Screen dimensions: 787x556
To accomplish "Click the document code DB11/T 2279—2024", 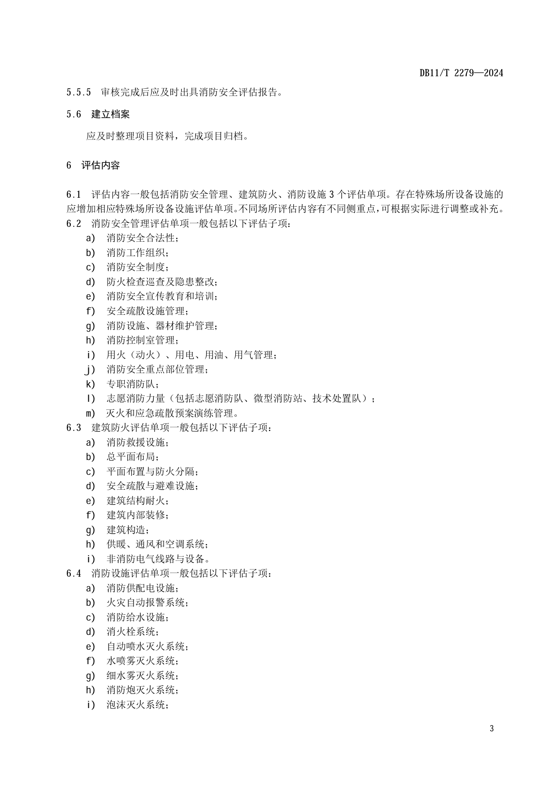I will pyautogui.click(x=461, y=73).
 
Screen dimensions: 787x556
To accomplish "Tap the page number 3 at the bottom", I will pyautogui.click(x=492, y=728).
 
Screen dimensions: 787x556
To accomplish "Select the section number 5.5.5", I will pyautogui.click(x=78, y=93).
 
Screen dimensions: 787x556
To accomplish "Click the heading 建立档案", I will pyautogui.click(x=110, y=114).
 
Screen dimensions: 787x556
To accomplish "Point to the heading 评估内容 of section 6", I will pyautogui.click(x=100, y=165).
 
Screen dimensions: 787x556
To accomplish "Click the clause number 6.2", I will pyautogui.click(x=74, y=223).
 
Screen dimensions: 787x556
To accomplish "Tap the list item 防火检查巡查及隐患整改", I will pyautogui.click(x=162, y=282).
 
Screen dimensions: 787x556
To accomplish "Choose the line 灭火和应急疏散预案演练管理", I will pyautogui.click(x=172, y=413).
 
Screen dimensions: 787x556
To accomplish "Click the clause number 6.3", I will pyautogui.click(x=74, y=428).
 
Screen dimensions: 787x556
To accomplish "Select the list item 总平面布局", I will pyautogui.click(x=132, y=457).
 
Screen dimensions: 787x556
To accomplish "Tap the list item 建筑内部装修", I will pyautogui.click(x=137, y=515).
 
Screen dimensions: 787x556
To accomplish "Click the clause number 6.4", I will pyautogui.click(x=74, y=574).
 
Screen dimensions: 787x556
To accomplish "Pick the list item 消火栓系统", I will pyautogui.click(x=132, y=632).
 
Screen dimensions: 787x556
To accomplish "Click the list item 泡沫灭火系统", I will pyautogui.click(x=137, y=704).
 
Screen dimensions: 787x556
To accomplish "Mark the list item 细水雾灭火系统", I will pyautogui.click(x=142, y=675).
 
